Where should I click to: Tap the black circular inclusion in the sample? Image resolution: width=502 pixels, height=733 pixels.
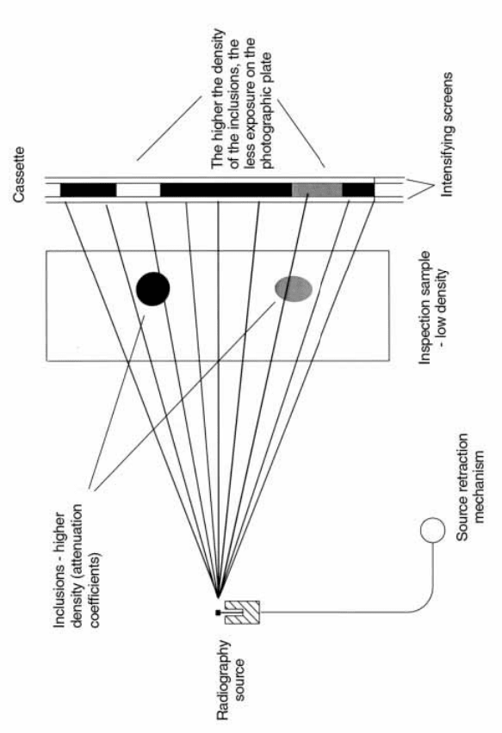tap(152, 289)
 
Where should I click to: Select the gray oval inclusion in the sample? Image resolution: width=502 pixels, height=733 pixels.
tap(294, 288)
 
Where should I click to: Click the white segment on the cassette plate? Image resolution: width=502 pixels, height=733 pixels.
tap(138, 190)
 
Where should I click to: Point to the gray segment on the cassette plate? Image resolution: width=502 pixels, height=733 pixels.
tap(317, 190)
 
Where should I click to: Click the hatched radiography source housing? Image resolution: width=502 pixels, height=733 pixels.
tap(242, 612)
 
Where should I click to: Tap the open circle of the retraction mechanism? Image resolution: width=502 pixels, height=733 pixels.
tap(433, 530)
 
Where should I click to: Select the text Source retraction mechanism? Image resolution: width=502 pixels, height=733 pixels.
tap(469, 487)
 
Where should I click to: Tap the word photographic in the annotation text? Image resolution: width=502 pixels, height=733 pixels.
tap(267, 127)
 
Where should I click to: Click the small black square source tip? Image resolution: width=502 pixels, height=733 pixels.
tap(218, 612)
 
